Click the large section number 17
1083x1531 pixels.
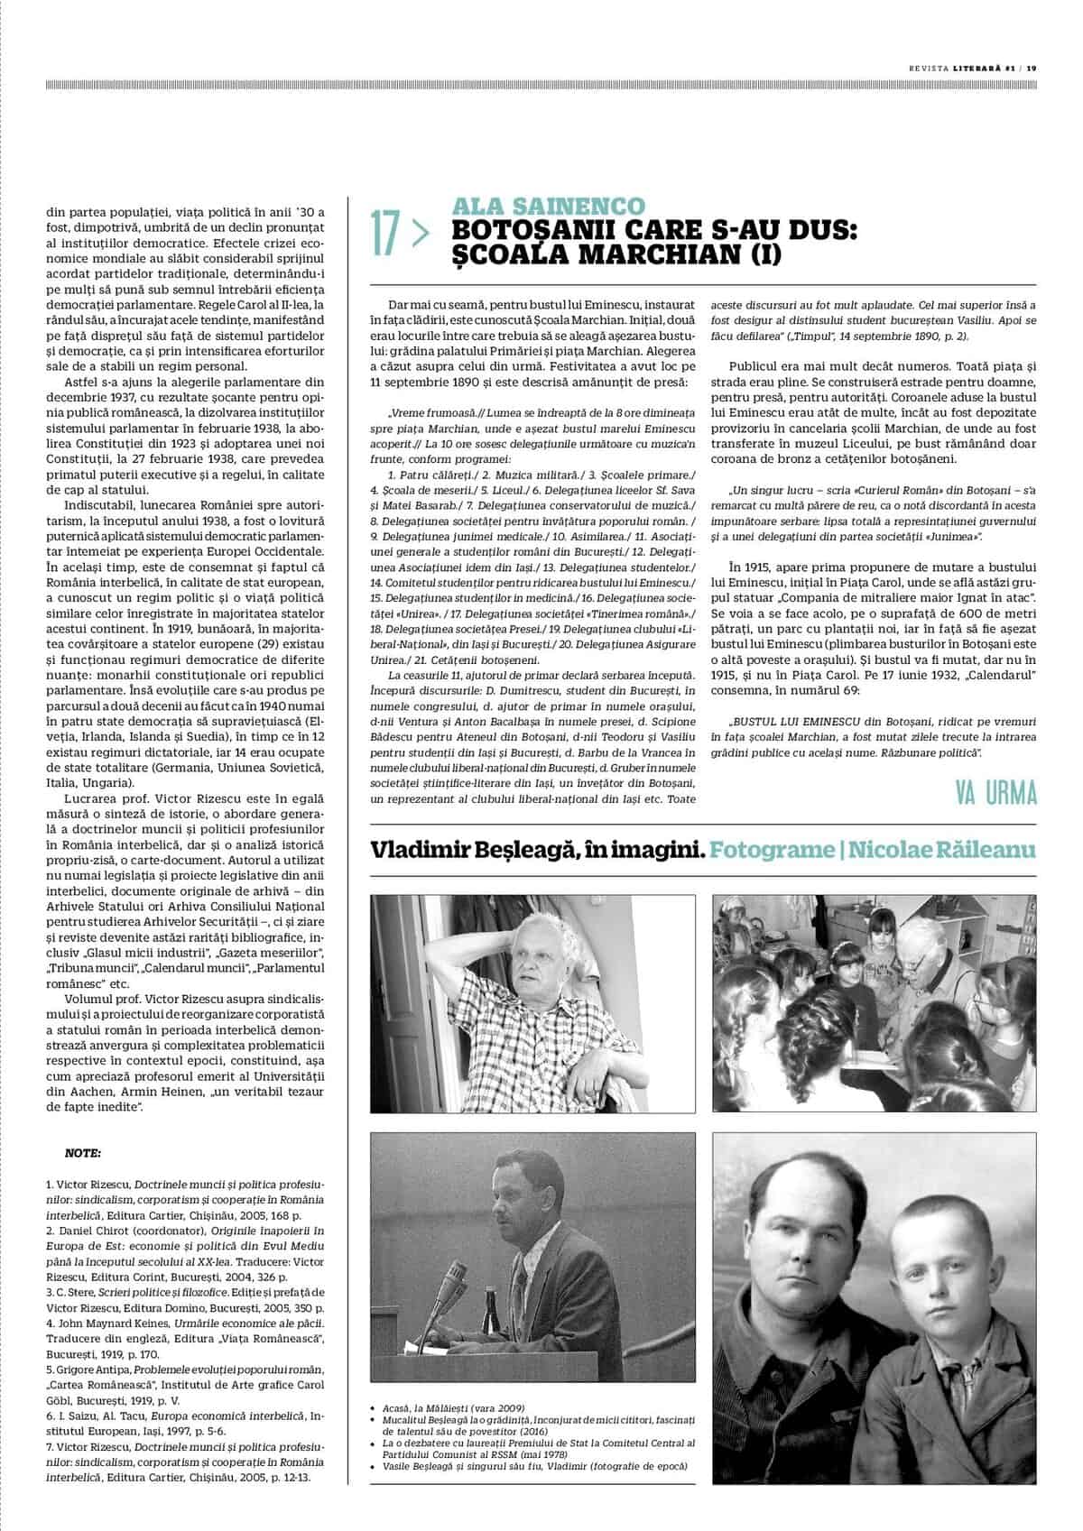(x=386, y=232)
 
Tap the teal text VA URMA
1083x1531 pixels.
(x=995, y=794)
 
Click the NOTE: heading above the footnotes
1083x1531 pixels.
(x=83, y=1152)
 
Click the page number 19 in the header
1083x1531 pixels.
(x=1032, y=65)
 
